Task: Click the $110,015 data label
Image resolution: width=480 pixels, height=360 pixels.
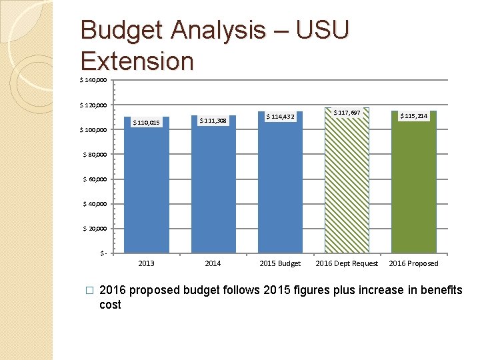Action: [x=146, y=123]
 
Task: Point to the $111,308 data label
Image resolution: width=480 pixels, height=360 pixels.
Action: [x=213, y=121]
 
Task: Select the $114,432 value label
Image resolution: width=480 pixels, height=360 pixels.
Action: [x=280, y=117]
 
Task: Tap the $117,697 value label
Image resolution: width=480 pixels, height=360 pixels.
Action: [x=347, y=113]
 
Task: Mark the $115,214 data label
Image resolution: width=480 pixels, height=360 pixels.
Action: [x=414, y=116]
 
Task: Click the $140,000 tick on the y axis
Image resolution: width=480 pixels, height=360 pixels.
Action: [x=92, y=81]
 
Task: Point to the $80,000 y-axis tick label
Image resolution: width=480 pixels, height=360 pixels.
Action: [x=94, y=155]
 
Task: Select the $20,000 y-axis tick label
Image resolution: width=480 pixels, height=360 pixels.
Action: [x=94, y=229]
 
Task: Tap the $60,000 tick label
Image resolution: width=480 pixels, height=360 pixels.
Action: [x=94, y=179]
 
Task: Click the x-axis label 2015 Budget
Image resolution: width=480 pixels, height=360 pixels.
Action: [x=280, y=263]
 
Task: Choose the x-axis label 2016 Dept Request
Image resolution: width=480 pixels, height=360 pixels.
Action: [x=347, y=263]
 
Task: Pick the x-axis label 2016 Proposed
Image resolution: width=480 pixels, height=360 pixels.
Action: [x=414, y=263]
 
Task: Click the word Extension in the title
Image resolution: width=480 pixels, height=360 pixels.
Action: [x=137, y=61]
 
